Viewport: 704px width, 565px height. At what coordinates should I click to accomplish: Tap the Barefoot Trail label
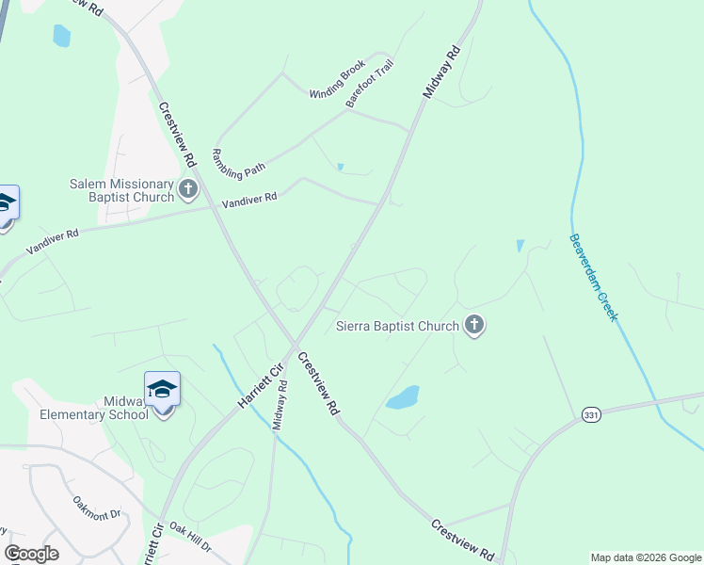coord(370,84)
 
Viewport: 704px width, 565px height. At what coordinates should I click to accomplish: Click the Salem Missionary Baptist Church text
coord(122,190)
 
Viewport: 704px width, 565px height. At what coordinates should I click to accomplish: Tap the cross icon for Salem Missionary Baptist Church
coord(187,189)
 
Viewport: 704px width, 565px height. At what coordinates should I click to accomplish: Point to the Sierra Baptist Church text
coord(397,327)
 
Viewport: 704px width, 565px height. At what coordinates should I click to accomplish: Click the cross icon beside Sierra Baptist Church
coord(473,326)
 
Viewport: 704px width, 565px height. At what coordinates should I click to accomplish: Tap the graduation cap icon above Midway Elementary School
coord(162,389)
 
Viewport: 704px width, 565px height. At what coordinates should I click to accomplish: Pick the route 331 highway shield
coord(591,416)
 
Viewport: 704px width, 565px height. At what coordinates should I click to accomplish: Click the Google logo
coord(32,553)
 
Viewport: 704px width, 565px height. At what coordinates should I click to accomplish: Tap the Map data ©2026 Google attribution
coord(646,557)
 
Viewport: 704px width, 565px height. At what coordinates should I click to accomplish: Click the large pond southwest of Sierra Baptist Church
coord(403,397)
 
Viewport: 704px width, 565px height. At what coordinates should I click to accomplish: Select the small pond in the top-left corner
coord(62,36)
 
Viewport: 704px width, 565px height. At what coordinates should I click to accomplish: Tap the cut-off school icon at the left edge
coord(6,205)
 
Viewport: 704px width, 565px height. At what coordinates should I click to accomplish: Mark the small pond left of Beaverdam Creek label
coord(520,247)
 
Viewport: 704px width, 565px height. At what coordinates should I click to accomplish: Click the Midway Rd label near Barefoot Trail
coord(440,73)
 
